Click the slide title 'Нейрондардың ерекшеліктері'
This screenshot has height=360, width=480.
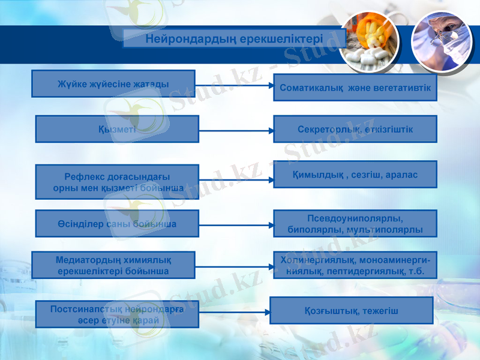pyautogui.click(x=235, y=39)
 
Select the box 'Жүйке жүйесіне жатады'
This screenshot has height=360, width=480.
pyautogui.click(x=113, y=83)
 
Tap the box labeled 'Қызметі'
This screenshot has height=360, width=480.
pyautogui.click(x=117, y=129)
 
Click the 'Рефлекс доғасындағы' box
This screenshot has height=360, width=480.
pyautogui.click(x=117, y=182)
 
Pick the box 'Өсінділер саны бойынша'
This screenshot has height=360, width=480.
pyautogui.click(x=117, y=223)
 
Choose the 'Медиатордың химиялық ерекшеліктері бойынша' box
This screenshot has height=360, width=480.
pyautogui.click(x=113, y=265)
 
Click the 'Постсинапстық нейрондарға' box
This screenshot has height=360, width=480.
pyautogui.click(x=117, y=314)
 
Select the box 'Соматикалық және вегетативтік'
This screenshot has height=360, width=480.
pyautogui.click(x=355, y=88)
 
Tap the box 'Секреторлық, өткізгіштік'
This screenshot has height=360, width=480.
pyautogui.click(x=355, y=129)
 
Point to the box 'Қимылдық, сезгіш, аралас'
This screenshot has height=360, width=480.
pyautogui.click(x=355, y=174)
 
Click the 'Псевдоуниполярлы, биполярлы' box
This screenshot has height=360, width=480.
pyautogui.click(x=355, y=223)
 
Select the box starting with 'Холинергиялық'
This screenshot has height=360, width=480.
pyautogui.click(x=355, y=265)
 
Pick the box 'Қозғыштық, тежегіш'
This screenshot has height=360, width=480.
pyautogui.click(x=352, y=310)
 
